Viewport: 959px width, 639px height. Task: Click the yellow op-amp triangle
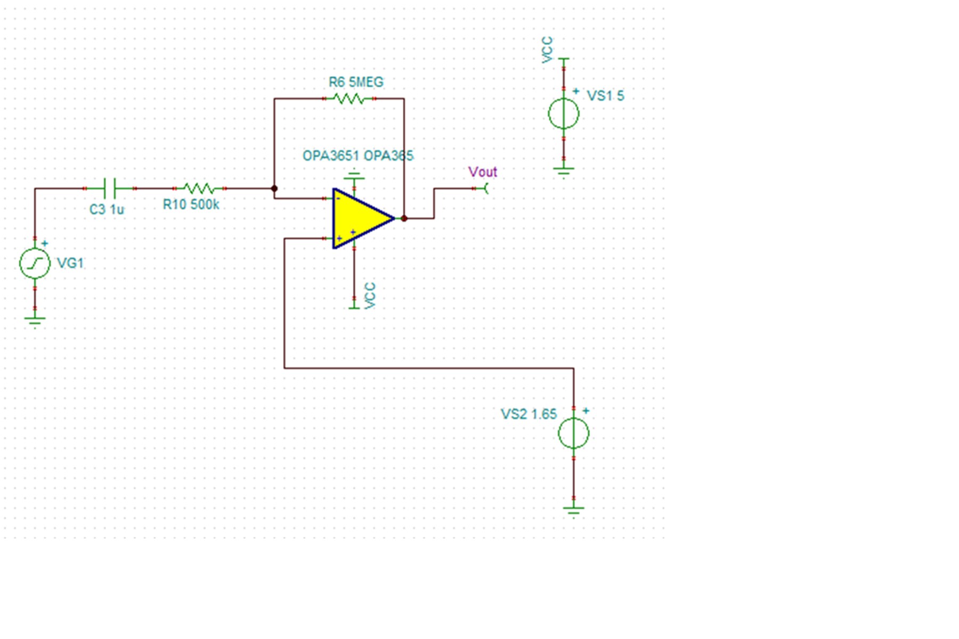(358, 218)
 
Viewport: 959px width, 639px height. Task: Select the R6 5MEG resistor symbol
(349, 99)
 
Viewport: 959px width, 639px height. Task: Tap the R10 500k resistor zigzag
(199, 188)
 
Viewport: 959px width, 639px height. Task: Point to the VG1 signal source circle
(35, 263)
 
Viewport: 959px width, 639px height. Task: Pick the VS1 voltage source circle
(564, 113)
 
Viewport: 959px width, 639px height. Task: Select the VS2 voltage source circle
(574, 433)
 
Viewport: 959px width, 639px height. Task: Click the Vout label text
(483, 172)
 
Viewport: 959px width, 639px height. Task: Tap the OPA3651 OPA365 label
(357, 156)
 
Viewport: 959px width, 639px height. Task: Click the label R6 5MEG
(356, 83)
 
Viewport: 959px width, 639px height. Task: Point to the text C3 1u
(107, 210)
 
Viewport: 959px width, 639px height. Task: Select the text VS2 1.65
(529, 414)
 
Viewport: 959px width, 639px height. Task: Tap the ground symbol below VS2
(574, 510)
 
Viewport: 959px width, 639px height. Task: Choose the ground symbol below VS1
(564, 171)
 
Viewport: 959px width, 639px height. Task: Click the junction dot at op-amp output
(404, 218)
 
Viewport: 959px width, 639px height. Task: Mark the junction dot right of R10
(274, 189)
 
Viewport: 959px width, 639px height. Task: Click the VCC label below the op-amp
(370, 296)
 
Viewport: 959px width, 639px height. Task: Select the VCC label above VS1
(547, 50)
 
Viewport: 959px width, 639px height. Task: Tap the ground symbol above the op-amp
(354, 176)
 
